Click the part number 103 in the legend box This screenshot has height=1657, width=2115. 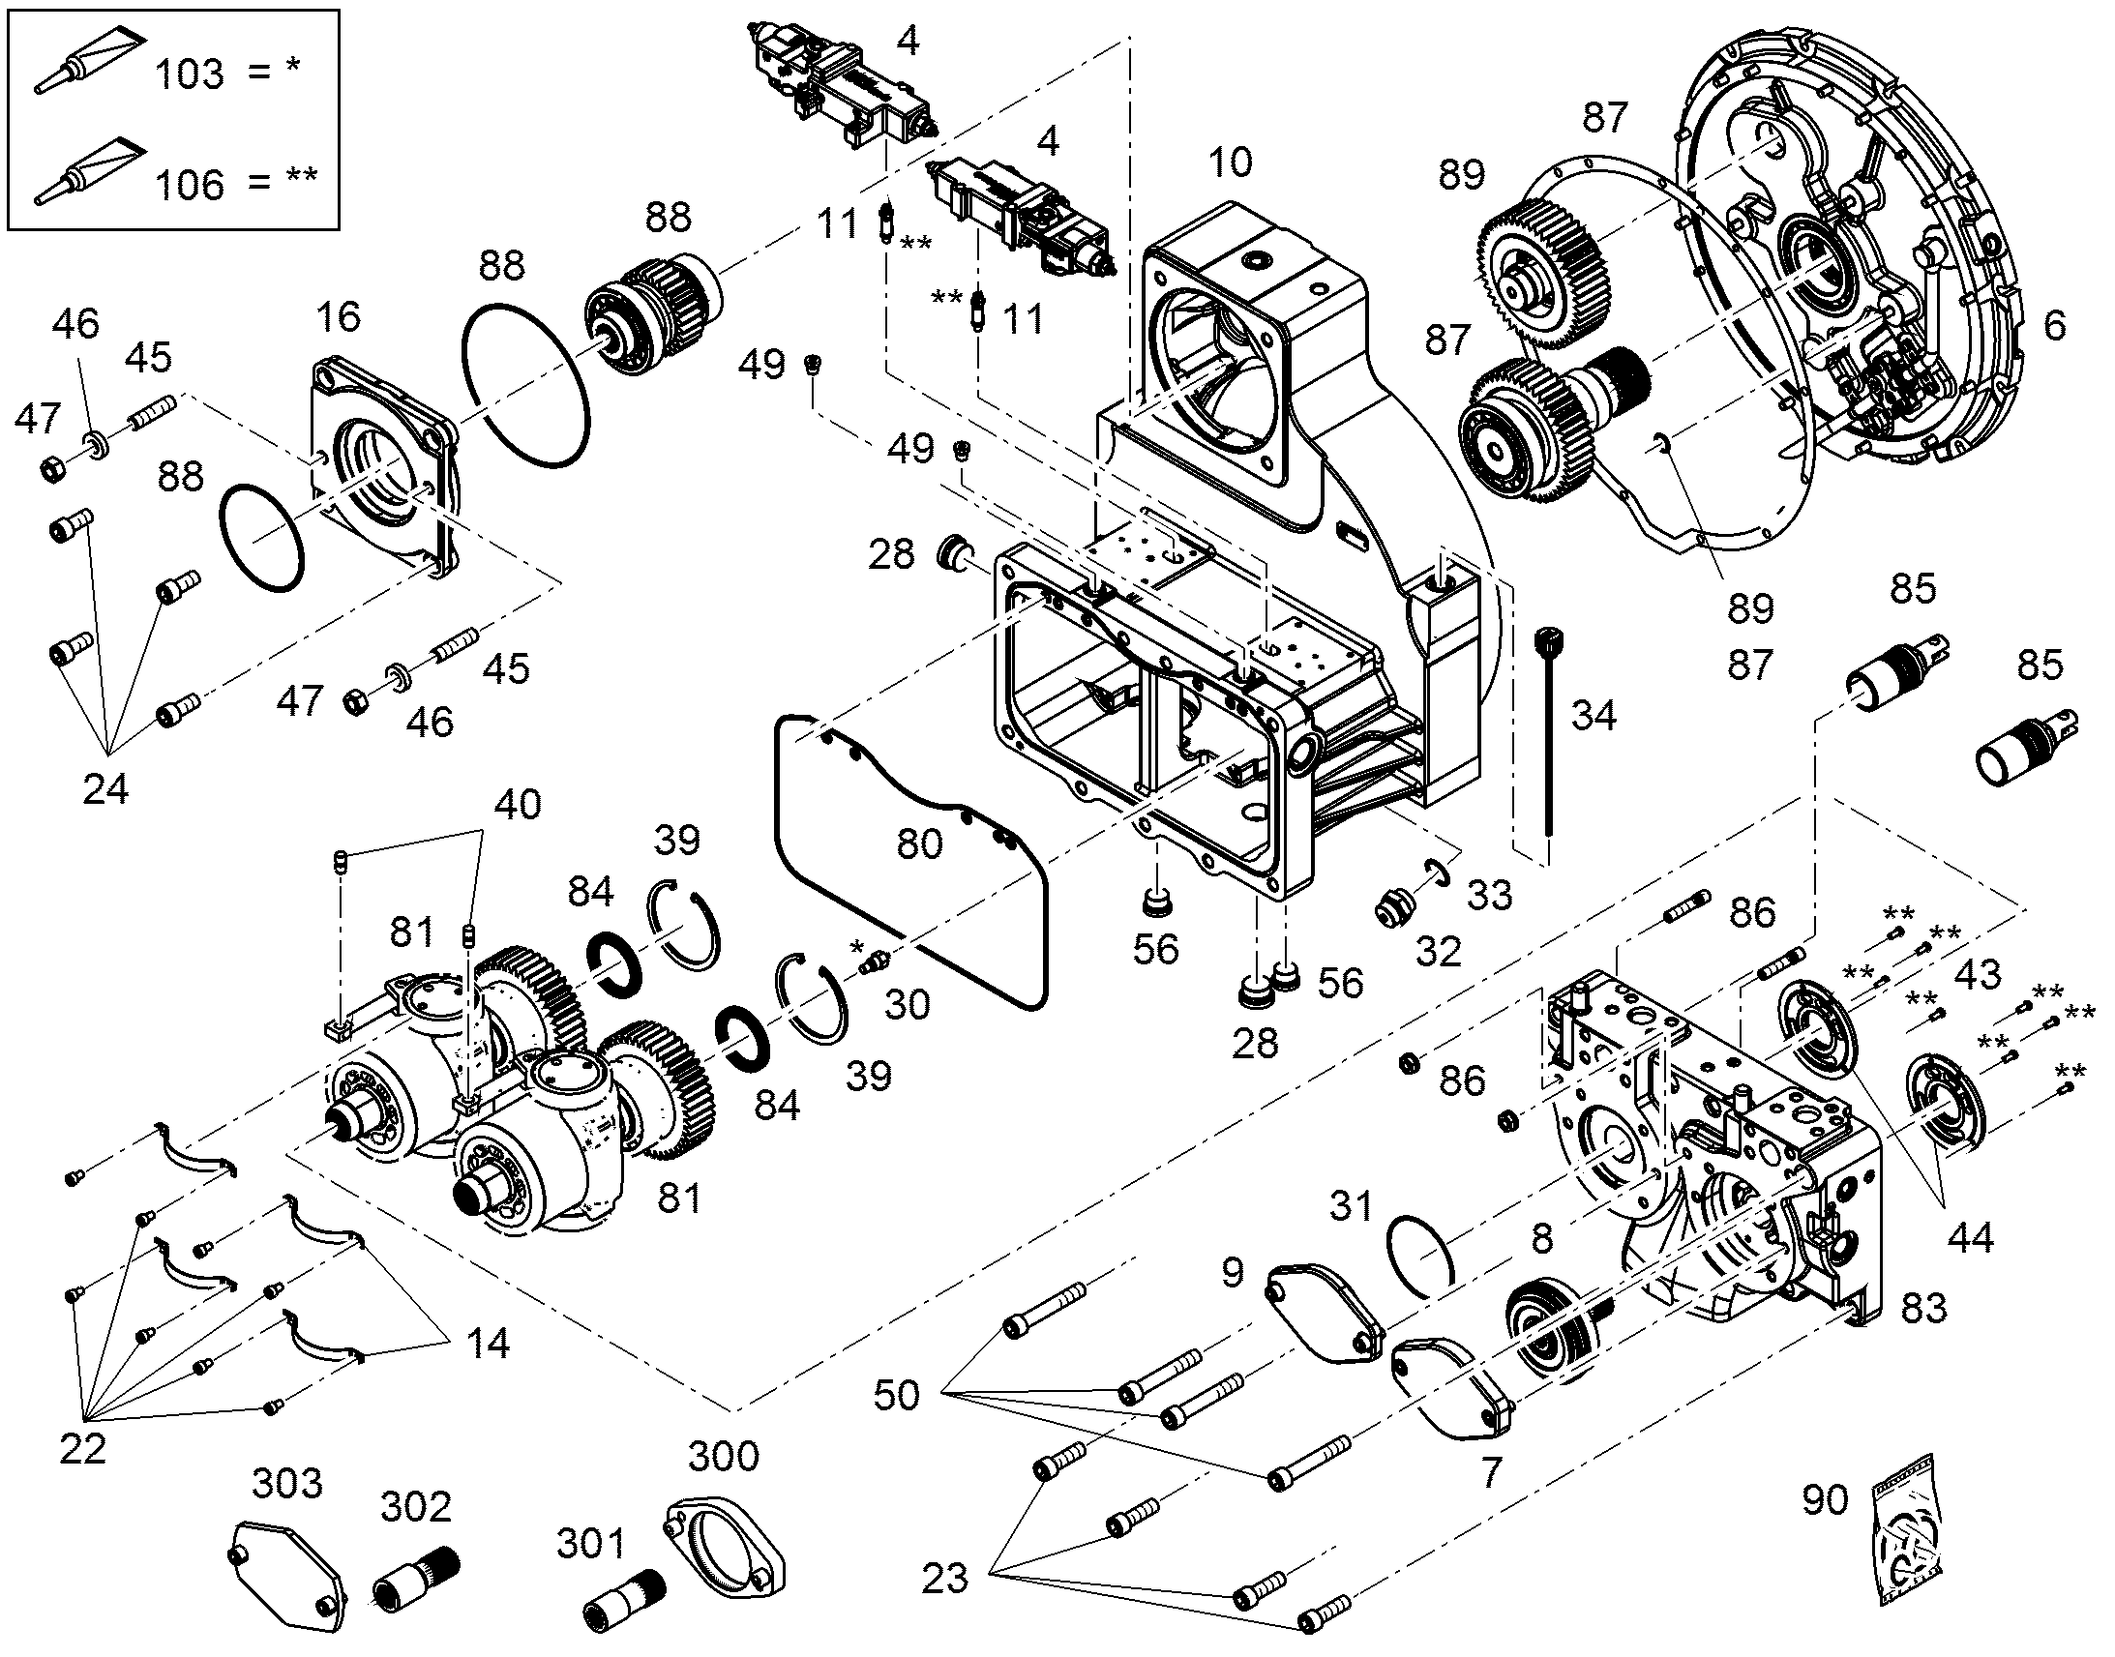190,74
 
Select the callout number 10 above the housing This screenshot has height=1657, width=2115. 1230,162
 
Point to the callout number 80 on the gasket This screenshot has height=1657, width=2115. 919,844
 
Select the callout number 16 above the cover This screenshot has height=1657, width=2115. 338,316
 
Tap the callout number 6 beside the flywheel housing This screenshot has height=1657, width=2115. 2054,325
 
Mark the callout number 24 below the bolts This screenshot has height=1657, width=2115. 104,789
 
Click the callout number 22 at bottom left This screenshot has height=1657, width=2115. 82,1449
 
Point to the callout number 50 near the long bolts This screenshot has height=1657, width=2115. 897,1395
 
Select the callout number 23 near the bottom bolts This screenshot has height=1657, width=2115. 945,1579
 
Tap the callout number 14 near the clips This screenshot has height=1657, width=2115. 487,1344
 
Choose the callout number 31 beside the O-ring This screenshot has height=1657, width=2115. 1351,1206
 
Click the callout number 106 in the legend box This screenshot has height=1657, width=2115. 190,185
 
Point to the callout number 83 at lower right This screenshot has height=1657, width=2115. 1923,1309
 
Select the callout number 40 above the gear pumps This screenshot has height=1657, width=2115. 517,804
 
